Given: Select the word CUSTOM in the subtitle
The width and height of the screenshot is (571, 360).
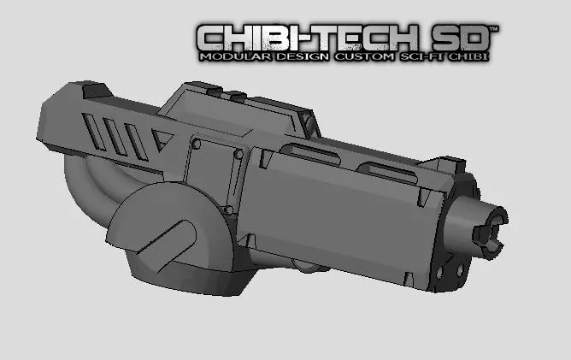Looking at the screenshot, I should [358, 56].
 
